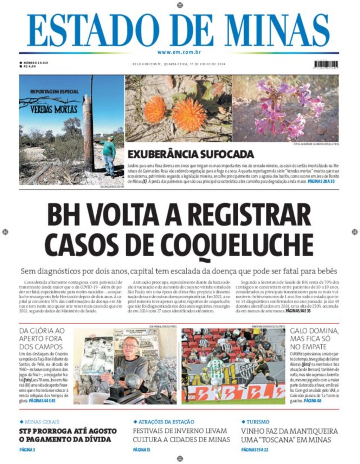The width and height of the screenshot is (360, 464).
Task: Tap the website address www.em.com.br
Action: coord(179,52)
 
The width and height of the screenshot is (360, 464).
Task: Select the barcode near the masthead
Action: coord(326,64)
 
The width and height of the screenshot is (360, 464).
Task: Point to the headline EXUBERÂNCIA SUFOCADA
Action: coord(191,154)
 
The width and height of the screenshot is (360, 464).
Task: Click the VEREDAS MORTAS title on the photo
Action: coord(54,109)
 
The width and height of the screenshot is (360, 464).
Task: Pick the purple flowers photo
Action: coord(285,108)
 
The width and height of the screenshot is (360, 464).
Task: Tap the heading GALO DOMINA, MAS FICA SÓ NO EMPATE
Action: coord(314,339)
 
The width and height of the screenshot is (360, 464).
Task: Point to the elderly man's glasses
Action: coord(130,346)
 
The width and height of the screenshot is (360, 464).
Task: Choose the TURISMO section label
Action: coord(258,421)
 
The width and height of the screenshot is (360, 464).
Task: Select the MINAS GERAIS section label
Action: coord(42,421)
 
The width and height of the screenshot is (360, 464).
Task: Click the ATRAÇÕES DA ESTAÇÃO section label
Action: coord(166,421)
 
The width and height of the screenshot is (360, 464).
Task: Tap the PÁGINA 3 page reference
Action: coord(27,449)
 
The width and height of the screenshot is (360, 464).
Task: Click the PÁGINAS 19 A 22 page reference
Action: coord(255,449)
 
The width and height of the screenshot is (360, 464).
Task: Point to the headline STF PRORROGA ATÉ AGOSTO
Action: coord(67,431)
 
